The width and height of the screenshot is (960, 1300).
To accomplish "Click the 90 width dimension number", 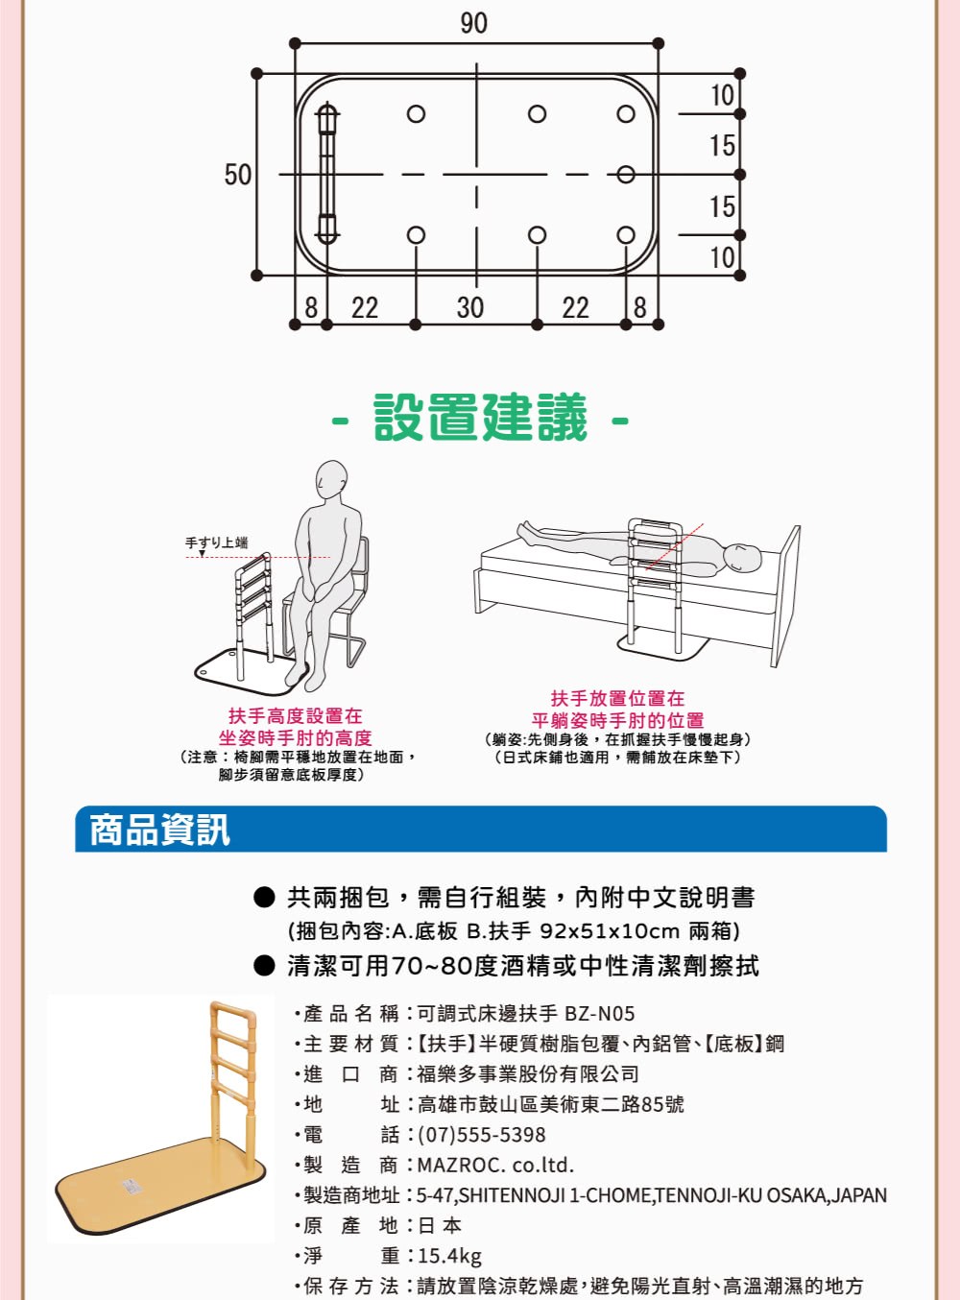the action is pyautogui.click(x=473, y=23).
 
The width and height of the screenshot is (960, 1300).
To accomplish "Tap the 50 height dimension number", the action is pyautogui.click(x=237, y=175).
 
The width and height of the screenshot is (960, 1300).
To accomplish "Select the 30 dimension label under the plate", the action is pyautogui.click(x=470, y=307).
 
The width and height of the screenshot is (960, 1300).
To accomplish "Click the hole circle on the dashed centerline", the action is pyautogui.click(x=626, y=174).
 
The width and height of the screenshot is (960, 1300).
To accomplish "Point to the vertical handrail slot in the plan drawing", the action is pyautogui.click(x=327, y=174).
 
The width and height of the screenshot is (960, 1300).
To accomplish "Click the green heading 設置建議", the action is pyautogui.click(x=480, y=418).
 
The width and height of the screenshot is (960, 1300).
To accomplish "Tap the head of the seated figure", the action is pyautogui.click(x=331, y=479).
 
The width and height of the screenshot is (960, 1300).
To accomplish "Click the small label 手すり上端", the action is pyautogui.click(x=217, y=542).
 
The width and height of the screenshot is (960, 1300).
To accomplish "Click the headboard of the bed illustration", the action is pyautogui.click(x=785, y=596).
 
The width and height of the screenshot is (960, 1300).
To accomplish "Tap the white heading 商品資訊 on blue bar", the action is pyautogui.click(x=160, y=830).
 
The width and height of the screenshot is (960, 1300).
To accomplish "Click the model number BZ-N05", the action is pyautogui.click(x=600, y=1013).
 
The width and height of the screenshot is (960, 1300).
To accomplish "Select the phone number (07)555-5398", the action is pyautogui.click(x=481, y=1135).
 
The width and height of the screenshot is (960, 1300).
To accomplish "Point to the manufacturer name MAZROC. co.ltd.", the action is pyautogui.click(x=495, y=1166).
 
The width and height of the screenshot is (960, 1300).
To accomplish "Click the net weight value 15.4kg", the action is pyautogui.click(x=449, y=1256).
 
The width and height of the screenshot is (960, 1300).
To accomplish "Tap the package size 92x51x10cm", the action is pyautogui.click(x=610, y=931).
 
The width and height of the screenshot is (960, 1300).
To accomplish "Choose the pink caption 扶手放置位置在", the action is pyautogui.click(x=617, y=699).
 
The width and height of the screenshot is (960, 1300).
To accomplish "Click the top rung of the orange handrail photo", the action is pyautogui.click(x=233, y=1010).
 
